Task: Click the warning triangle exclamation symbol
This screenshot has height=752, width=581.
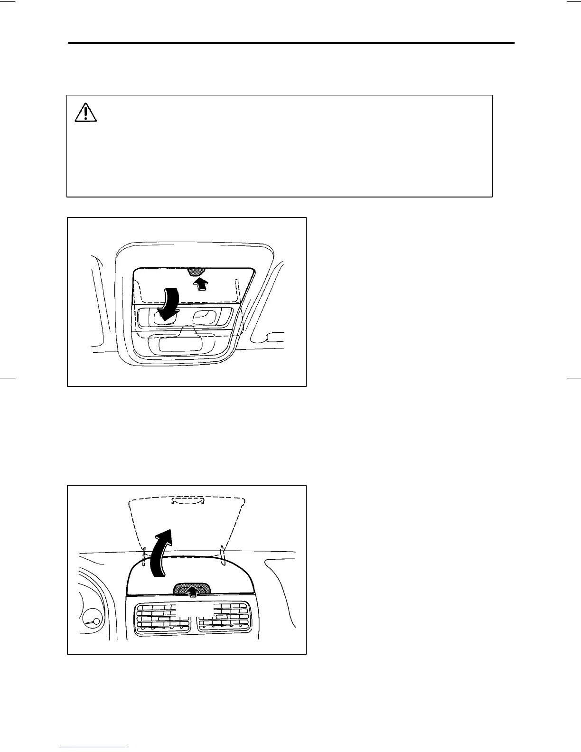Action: click(x=85, y=113)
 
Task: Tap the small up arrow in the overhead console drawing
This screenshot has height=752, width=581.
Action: click(x=201, y=283)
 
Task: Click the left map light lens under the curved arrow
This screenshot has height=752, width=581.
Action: click(x=163, y=317)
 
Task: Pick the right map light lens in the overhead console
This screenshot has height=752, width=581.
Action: click(x=205, y=316)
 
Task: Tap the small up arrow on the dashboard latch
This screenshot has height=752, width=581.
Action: click(x=192, y=591)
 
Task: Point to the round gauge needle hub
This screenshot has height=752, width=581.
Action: click(x=96, y=621)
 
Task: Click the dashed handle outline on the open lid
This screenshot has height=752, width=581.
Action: click(x=187, y=501)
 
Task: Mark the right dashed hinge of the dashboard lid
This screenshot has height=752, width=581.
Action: click(x=222, y=553)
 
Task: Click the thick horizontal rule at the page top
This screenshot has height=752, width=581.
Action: click(x=291, y=43)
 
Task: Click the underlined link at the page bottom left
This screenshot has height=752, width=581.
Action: click(x=94, y=748)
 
